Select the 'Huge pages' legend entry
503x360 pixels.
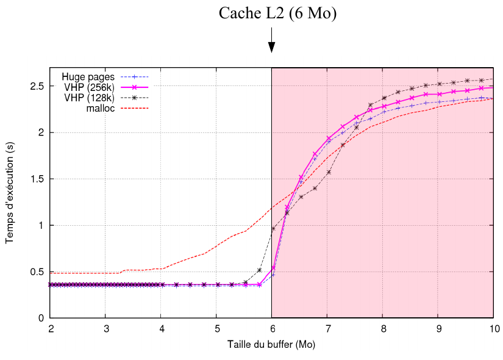pyautogui.click(x=89, y=77)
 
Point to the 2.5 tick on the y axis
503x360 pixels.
pyautogui.click(x=37, y=86)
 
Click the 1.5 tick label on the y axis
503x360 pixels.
pyautogui.click(x=37, y=179)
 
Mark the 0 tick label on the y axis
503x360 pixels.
pyautogui.click(x=41, y=318)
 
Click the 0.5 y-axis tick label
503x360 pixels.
pyautogui.click(x=37, y=272)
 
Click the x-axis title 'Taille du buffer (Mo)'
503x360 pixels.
pyautogui.click(x=271, y=345)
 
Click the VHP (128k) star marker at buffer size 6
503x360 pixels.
pyautogui.click(x=273, y=228)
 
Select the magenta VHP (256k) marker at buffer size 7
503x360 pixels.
pyautogui.click(x=328, y=139)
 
